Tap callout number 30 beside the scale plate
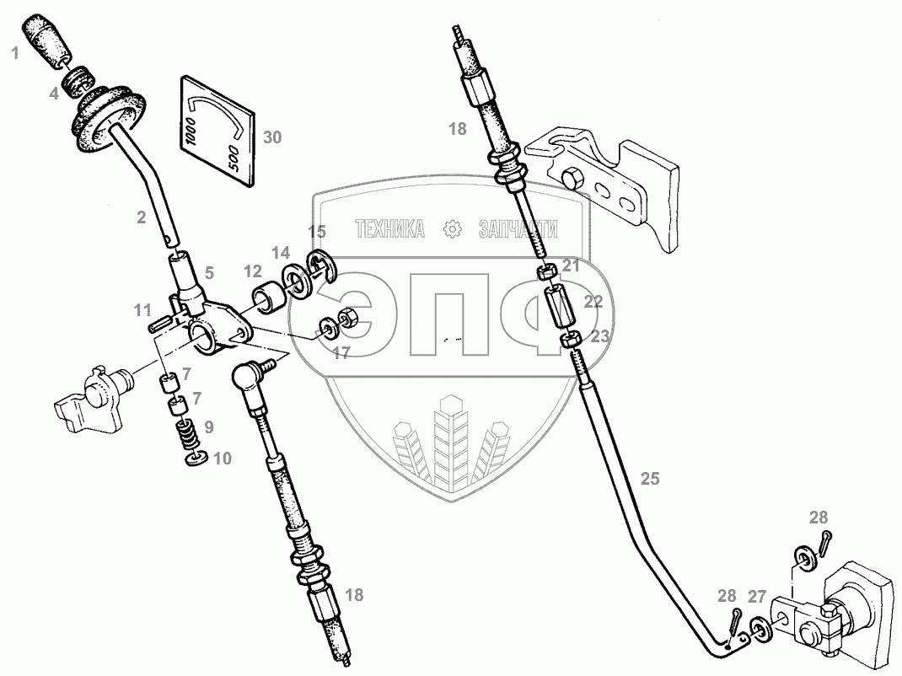coord(271,138)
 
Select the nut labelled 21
coord(546,271)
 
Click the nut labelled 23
coord(570,340)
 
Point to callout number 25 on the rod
coord(649,479)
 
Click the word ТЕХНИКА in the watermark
coord(389,228)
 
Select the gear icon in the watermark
coord(452,228)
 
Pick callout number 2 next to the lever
coord(141,217)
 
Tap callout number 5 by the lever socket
coord(208,272)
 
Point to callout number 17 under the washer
coord(341,354)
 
